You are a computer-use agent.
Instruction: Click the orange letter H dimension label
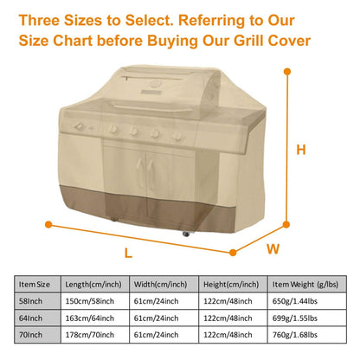coord(299,149)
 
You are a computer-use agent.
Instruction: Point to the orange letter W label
coord(273,249)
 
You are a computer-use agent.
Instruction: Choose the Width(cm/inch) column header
coord(162,284)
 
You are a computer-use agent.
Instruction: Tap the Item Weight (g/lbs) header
coord(303,284)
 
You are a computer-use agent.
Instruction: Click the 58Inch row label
coord(32,300)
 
